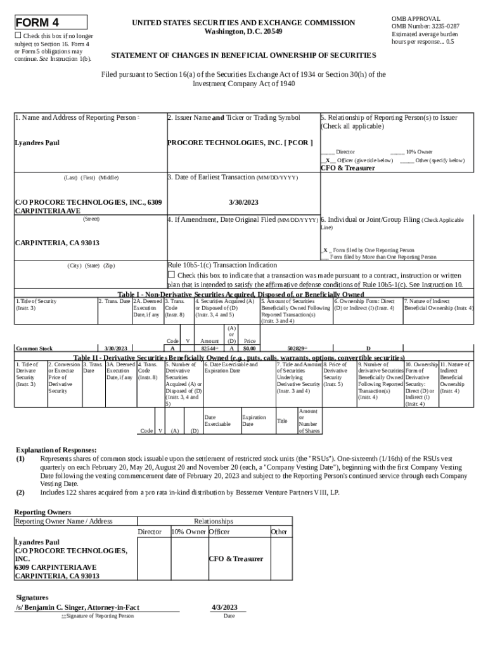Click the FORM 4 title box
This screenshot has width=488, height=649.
click(x=51, y=23)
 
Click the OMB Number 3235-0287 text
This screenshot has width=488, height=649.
click(x=425, y=27)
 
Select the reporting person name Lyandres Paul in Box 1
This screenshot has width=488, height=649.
click(x=37, y=143)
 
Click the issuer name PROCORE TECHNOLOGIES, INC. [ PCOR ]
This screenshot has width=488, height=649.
click(x=240, y=143)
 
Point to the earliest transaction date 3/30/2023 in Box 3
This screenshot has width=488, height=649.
click(x=243, y=202)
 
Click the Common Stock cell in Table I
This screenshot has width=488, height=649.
click(x=34, y=348)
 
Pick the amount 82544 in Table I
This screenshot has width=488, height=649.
click(x=209, y=348)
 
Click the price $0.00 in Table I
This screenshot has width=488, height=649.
click(x=250, y=348)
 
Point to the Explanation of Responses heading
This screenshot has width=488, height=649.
click(x=56, y=450)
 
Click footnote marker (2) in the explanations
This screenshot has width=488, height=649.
click(x=20, y=492)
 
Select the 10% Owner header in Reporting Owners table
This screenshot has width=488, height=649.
click(x=188, y=532)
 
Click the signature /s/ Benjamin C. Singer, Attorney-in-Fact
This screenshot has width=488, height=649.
click(x=77, y=607)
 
